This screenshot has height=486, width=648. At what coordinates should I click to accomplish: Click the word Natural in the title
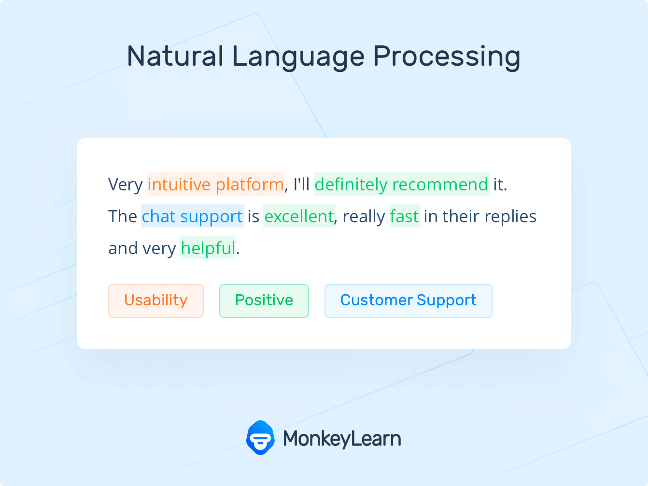point(174,56)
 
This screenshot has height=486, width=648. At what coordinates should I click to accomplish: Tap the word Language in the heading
point(298,57)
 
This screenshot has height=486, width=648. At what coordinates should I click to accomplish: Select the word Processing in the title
point(447,57)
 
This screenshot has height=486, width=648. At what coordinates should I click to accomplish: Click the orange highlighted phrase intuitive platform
point(215,185)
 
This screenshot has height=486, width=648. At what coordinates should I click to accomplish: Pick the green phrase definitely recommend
point(401,185)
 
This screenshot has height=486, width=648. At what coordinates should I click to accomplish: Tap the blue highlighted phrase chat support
point(192,216)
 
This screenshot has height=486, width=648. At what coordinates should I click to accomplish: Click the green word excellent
point(299,216)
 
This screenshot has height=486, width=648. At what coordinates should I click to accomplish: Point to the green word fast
point(404,216)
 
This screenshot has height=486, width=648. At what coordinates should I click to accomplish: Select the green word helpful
point(208,248)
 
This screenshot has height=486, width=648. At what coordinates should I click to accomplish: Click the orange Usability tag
point(156,300)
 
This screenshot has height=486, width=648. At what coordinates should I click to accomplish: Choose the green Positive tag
point(264,300)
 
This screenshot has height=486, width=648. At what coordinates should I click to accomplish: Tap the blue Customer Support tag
point(408,300)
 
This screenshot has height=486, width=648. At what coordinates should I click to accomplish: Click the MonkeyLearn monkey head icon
point(260,438)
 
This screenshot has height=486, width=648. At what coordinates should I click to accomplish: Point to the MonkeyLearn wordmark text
point(342,439)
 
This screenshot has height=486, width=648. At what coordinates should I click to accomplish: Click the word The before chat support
point(123,216)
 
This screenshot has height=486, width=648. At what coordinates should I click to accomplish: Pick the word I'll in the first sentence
point(301,185)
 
